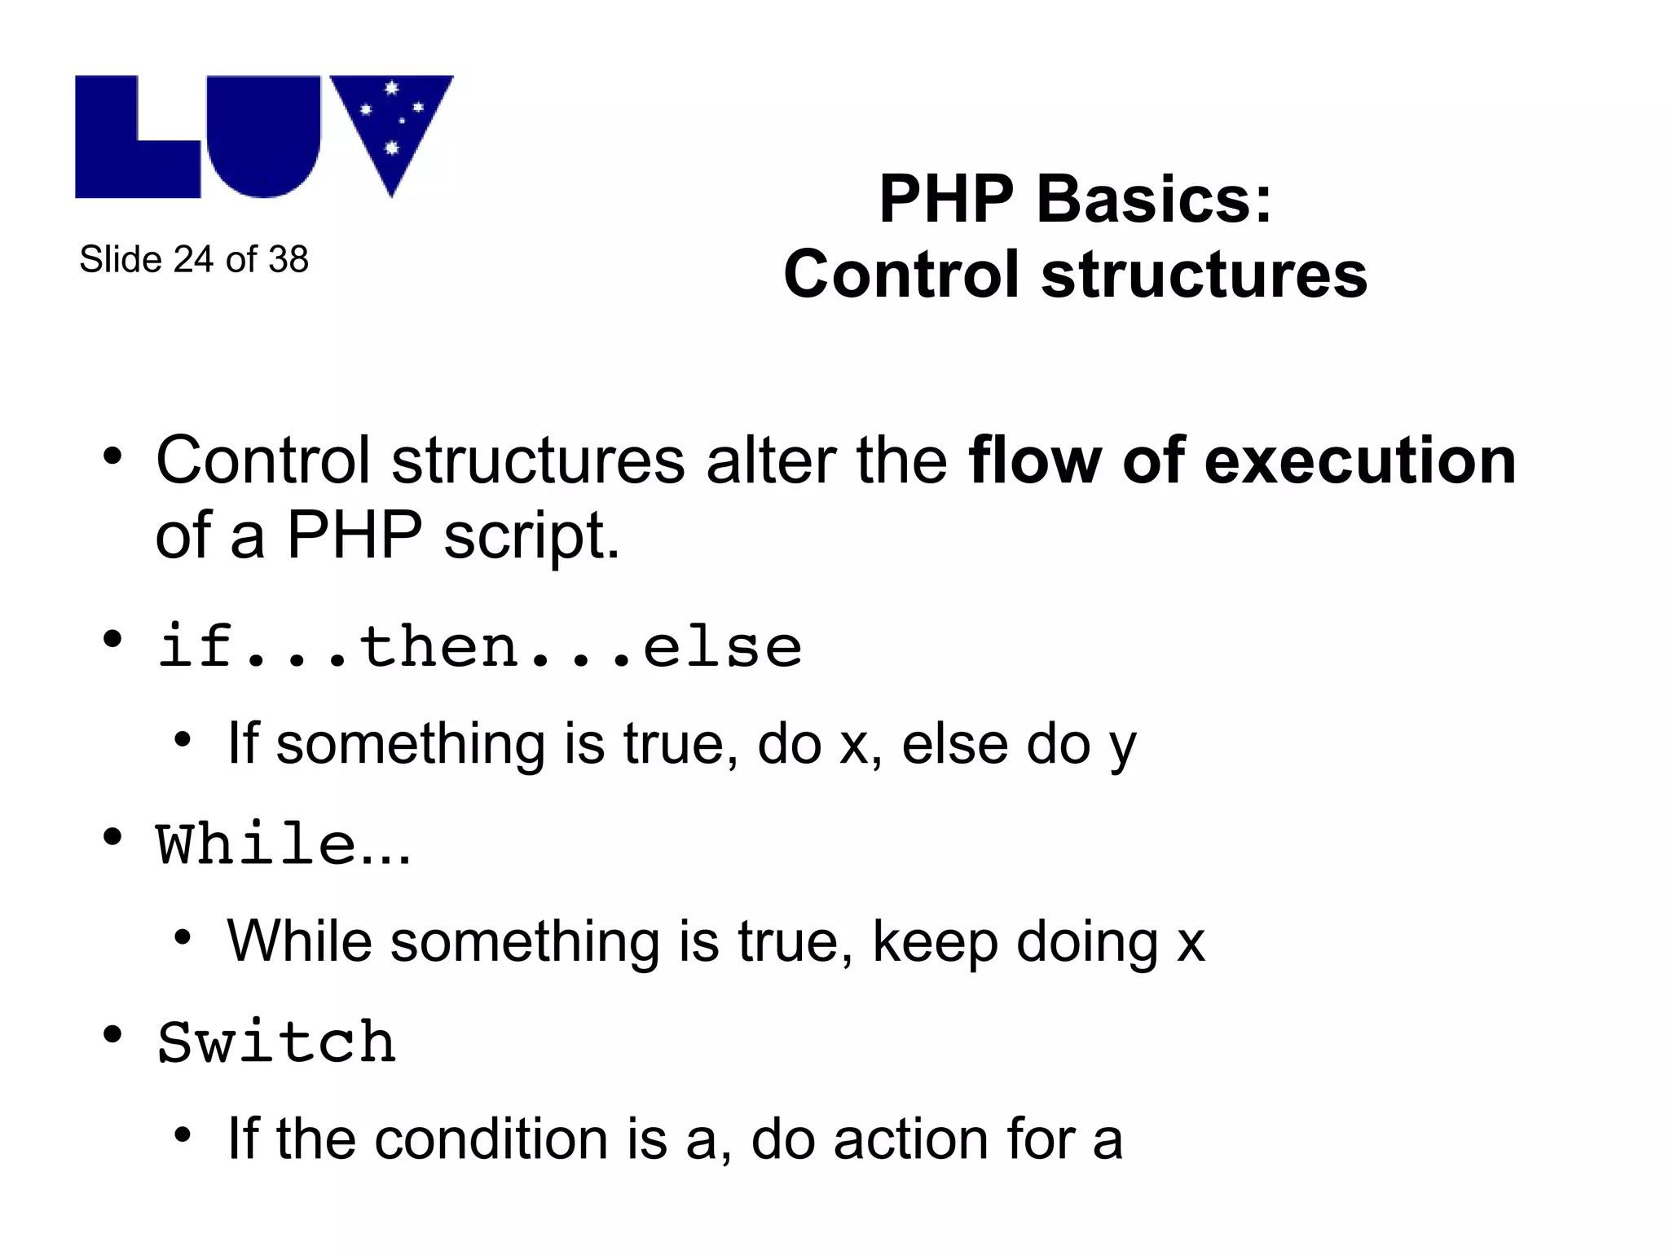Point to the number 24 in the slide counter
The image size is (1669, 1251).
193,260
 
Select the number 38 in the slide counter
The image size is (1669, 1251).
288,260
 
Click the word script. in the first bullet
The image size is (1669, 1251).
531,537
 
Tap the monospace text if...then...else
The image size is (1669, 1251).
479,648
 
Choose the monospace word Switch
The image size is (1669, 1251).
277,1042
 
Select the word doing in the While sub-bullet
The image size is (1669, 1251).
1087,942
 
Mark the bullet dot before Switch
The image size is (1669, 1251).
112,1036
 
